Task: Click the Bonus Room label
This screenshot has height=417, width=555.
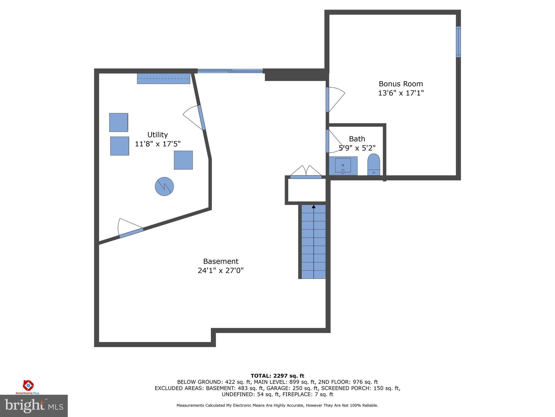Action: click(401, 84)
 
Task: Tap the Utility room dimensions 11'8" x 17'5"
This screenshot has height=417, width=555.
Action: click(158, 144)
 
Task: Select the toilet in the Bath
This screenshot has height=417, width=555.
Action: click(374, 165)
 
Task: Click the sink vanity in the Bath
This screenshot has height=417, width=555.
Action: click(343, 166)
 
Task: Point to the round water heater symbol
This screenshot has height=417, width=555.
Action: click(164, 187)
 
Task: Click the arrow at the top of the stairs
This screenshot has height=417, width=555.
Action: click(314, 207)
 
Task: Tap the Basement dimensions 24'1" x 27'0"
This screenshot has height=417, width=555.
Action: click(221, 271)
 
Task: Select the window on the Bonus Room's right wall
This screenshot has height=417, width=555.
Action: click(458, 42)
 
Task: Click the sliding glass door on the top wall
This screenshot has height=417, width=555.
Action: click(230, 71)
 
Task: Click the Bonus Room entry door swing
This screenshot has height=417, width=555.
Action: click(335, 99)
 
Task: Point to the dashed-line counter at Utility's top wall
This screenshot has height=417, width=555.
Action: click(163, 78)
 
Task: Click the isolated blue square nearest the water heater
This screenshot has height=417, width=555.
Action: click(183, 160)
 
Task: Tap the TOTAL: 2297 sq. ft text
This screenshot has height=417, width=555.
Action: click(277, 376)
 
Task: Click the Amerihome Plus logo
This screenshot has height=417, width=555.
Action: click(28, 387)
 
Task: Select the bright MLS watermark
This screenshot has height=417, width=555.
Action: click(34, 406)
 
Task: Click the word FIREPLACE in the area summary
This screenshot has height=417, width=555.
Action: click(292, 394)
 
